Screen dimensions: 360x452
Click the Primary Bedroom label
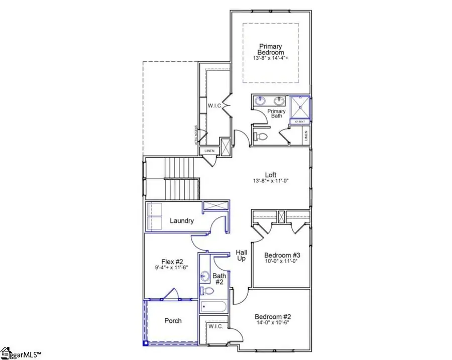(x=271, y=49)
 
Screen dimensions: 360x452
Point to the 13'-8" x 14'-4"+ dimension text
(x=271, y=58)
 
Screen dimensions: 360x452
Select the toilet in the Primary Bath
(x=261, y=136)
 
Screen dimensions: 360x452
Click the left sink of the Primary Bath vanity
(x=261, y=101)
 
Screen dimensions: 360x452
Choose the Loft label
(x=271, y=175)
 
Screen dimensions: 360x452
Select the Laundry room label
(x=182, y=220)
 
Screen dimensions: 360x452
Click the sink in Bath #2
(x=205, y=276)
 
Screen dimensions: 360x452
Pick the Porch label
(x=173, y=321)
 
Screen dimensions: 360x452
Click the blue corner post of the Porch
(x=145, y=343)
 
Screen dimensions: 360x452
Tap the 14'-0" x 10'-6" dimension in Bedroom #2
(x=273, y=324)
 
